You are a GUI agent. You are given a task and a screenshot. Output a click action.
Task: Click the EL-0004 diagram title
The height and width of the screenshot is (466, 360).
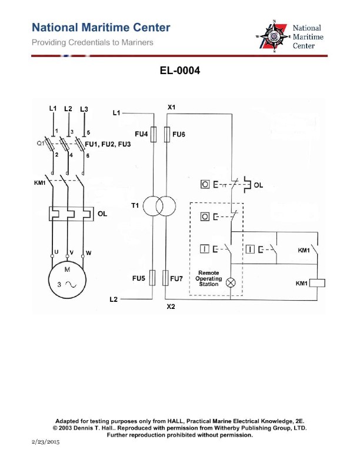[179, 71]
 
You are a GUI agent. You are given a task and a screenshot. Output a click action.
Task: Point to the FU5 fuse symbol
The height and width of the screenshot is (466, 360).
[154, 277]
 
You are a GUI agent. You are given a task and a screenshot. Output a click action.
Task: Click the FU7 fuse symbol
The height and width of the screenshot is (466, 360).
[167, 277]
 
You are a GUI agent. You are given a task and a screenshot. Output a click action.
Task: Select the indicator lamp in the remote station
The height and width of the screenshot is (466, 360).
[231, 283]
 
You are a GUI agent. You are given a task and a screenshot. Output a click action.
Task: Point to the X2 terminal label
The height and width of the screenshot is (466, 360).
[171, 307]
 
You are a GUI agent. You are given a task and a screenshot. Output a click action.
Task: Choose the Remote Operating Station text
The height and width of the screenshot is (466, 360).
[209, 278]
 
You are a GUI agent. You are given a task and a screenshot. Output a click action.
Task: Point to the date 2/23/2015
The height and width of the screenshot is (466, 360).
[45, 441]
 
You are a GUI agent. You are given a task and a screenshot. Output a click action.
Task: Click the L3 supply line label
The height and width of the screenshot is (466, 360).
[84, 109]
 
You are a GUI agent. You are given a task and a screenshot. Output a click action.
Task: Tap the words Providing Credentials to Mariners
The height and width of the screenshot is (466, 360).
[92, 42]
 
